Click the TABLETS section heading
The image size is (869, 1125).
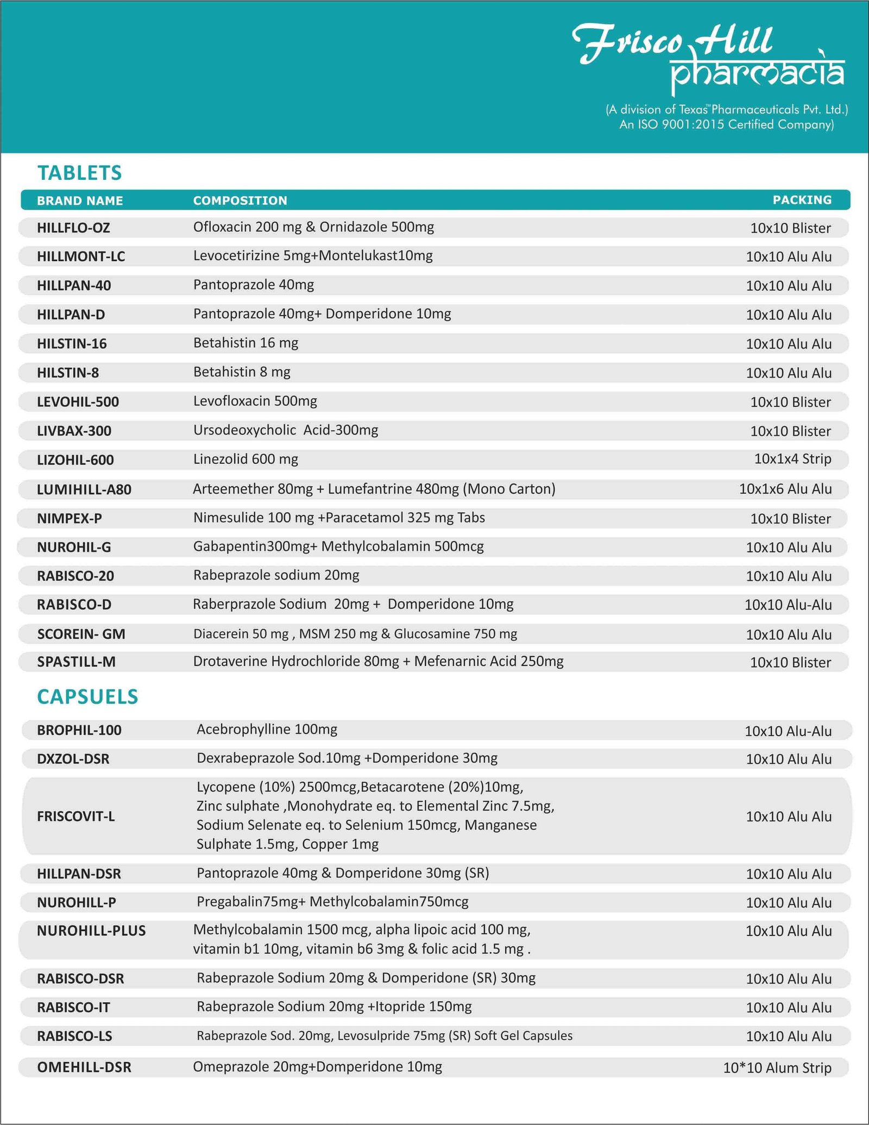[80, 173]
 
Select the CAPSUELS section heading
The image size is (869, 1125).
[87, 696]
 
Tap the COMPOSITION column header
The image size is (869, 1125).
[240, 200]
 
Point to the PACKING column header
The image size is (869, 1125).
[802, 200]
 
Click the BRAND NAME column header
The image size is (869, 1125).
[80, 200]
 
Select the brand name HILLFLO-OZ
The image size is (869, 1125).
[73, 228]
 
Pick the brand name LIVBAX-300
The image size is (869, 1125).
[74, 431]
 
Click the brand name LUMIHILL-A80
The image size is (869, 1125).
[84, 489]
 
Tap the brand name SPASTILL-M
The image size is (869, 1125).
[76, 662]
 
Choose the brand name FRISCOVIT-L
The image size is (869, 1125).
[76, 816]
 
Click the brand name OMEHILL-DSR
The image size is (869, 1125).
[84, 1067]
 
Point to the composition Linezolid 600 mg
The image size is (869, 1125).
[245, 459]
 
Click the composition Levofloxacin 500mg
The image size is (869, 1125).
[255, 401]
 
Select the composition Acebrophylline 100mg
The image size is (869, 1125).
[267, 729]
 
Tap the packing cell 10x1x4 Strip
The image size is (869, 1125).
[792, 459]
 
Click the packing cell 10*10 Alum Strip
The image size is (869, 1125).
[777, 1067]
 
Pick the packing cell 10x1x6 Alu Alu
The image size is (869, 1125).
[785, 489]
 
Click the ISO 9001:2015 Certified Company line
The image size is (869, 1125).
[726, 124]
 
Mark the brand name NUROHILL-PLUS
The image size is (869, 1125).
[91, 931]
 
